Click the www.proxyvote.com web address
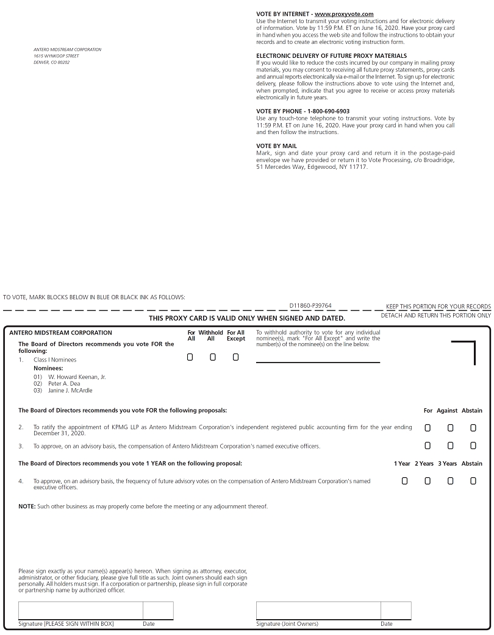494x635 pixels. pos(344,13)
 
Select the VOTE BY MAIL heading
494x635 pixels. pos(276,146)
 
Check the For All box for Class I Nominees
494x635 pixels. pos(190,357)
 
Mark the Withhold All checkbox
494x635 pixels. pos(213,357)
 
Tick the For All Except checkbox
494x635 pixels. pos(235,357)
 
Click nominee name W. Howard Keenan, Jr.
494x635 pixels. pos(77,377)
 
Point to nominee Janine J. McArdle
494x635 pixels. pos(70,391)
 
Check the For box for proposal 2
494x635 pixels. pos(428,428)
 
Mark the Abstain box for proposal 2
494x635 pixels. pos(473,428)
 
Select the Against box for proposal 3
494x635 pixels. pos(450,446)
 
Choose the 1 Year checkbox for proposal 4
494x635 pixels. pos(405,481)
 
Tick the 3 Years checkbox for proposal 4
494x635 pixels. pos(450,481)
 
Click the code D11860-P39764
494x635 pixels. pos(310,305)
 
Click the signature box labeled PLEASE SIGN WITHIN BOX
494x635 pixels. pos(81,611)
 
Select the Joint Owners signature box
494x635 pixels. pos(318,611)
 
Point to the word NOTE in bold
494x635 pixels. pos(26,506)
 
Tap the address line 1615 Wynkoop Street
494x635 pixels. pos(56,56)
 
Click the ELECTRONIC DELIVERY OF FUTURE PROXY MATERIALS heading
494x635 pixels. pos(332,55)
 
